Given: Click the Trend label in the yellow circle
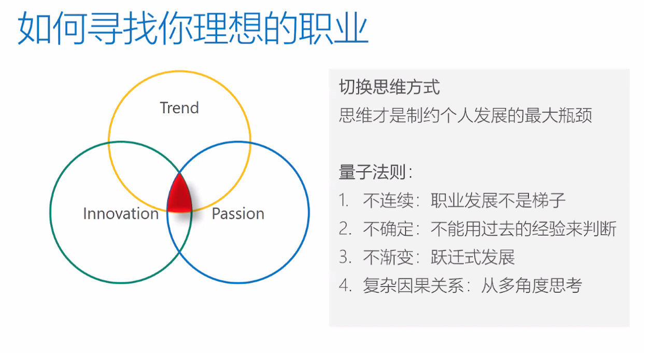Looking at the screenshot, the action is click(x=179, y=108).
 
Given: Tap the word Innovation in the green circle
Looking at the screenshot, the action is click(x=121, y=214).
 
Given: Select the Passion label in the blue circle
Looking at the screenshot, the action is click(x=238, y=214).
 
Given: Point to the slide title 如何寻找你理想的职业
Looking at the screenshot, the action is click(x=193, y=28).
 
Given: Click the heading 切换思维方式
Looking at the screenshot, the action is click(x=390, y=87).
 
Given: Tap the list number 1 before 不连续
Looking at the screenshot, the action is click(x=344, y=200).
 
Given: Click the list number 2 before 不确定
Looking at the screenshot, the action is click(x=345, y=228).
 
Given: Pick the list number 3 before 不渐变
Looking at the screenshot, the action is click(x=345, y=257).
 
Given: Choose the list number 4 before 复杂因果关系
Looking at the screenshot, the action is click(x=345, y=285).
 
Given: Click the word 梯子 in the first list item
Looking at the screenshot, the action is click(x=549, y=200).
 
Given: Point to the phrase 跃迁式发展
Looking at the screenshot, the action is click(x=473, y=257).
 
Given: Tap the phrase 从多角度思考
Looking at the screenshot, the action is click(x=531, y=285).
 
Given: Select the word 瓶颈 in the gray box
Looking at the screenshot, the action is click(x=575, y=115).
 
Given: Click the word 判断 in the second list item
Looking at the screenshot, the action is click(x=599, y=229).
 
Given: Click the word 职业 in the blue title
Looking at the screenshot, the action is click(x=334, y=28).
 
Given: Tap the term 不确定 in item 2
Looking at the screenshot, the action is click(x=388, y=229).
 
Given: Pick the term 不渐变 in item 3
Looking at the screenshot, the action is click(x=388, y=257).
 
